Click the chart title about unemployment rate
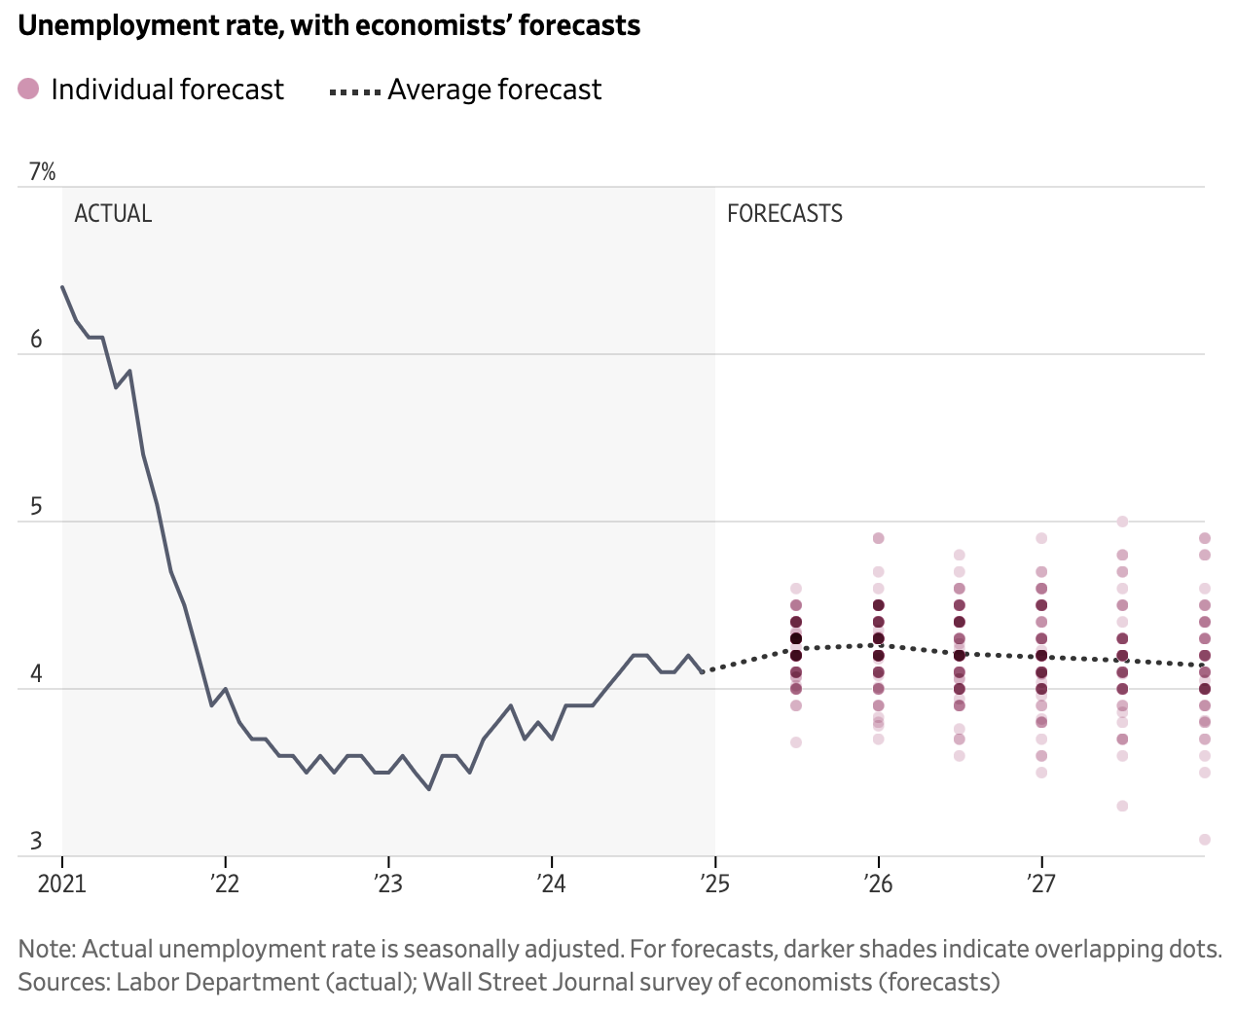pos(329,25)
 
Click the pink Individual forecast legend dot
pos(28,90)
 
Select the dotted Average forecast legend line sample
pos(355,91)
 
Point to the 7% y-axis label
pos(43,172)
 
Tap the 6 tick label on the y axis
pos(37,340)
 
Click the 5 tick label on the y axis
pos(37,507)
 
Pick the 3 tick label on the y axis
pos(37,842)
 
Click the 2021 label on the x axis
pos(62,884)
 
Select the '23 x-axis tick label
pos(388,884)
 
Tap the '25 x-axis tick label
pos(714,884)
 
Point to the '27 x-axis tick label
pos(1041,884)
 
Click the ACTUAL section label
pos(113,213)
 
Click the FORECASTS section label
pos(784,213)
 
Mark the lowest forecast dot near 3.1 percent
pos(1204,839)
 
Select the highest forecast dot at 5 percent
pos(1122,522)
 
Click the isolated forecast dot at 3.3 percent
pos(1122,806)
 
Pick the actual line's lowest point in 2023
pos(429,789)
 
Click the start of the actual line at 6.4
pos(62,287)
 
